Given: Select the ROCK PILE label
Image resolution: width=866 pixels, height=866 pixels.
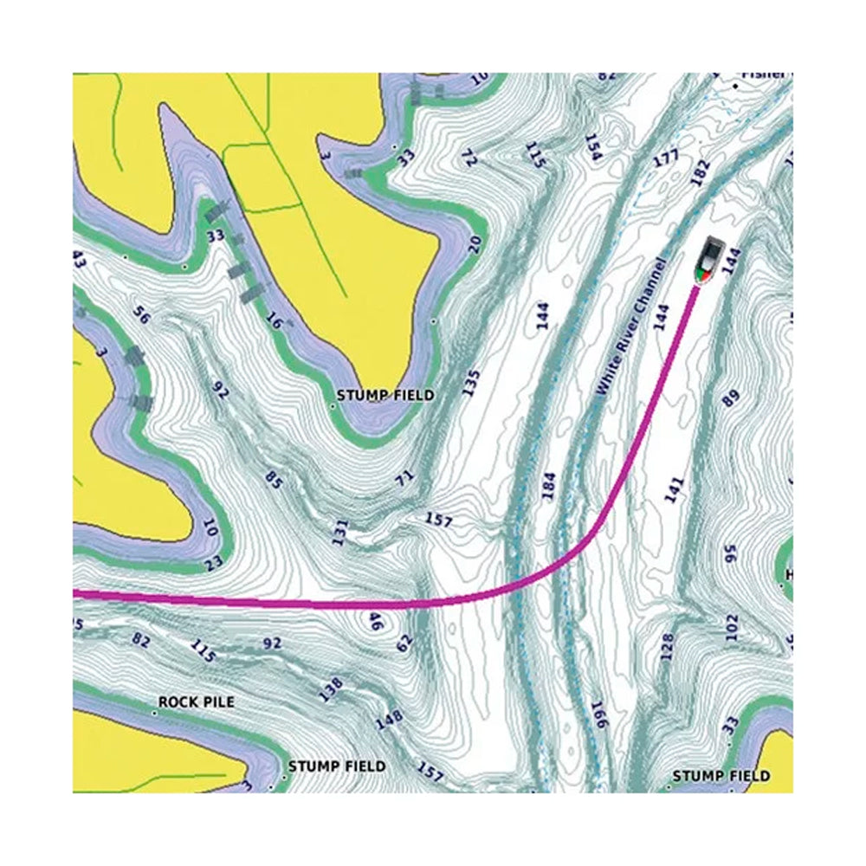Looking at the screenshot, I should coord(196,701).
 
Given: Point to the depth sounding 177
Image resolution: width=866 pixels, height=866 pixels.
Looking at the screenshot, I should coord(666,159).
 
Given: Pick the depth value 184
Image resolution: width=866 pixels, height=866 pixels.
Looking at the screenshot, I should coord(547,485).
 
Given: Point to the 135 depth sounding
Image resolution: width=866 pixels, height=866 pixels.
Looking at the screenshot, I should coord(470,383).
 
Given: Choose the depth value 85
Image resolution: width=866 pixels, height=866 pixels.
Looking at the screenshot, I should coord(275,478).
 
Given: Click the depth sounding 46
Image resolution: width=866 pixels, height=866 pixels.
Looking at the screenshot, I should coord(377,622).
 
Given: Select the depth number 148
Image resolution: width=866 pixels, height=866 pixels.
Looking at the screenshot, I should coord(391,720).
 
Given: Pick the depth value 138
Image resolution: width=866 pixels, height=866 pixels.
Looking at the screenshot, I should coord(331,688).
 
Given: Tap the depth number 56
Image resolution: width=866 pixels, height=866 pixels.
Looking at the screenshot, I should coord(142,316).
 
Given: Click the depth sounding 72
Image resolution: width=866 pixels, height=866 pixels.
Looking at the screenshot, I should coord(469,158).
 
